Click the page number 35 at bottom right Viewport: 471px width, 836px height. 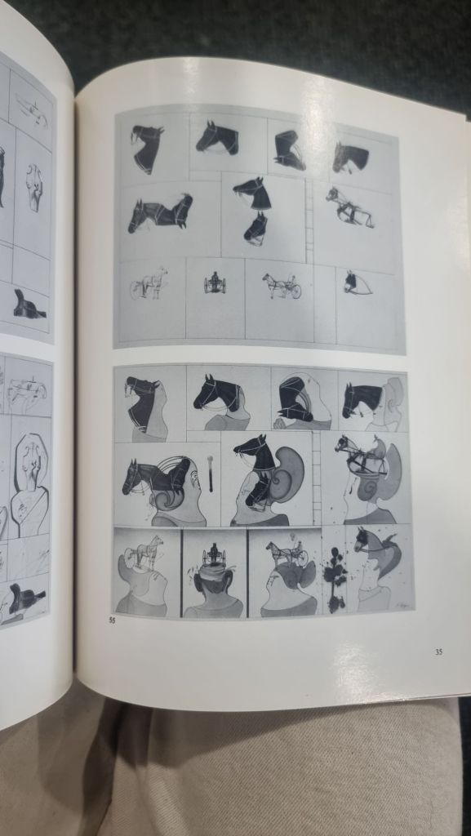[438, 651]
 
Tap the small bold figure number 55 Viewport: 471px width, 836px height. [111, 620]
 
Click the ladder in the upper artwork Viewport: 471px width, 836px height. [309, 220]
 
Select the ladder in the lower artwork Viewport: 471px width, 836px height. [316, 469]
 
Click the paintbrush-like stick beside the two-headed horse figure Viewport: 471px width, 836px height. [211, 473]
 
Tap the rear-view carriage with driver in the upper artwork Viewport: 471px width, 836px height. [215, 283]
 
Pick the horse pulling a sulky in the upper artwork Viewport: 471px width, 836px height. [282, 285]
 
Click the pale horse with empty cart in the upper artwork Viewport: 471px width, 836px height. [149, 282]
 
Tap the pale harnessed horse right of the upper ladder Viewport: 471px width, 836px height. [349, 207]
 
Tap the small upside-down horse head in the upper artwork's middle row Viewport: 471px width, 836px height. [255, 229]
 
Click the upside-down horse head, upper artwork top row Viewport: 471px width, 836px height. [289, 150]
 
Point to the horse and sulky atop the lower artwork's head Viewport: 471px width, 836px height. [287, 554]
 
